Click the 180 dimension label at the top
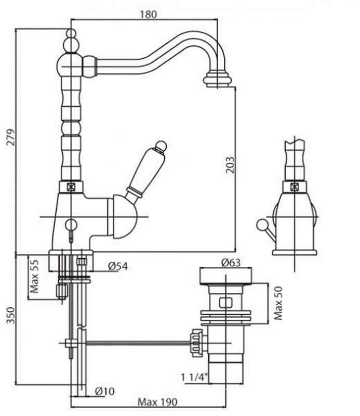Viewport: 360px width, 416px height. point(148,15)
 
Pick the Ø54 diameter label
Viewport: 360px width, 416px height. point(118,266)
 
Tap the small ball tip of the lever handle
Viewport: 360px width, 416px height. point(162,146)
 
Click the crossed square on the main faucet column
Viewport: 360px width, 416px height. point(71,186)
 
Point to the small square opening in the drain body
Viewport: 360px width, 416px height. point(226,302)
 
